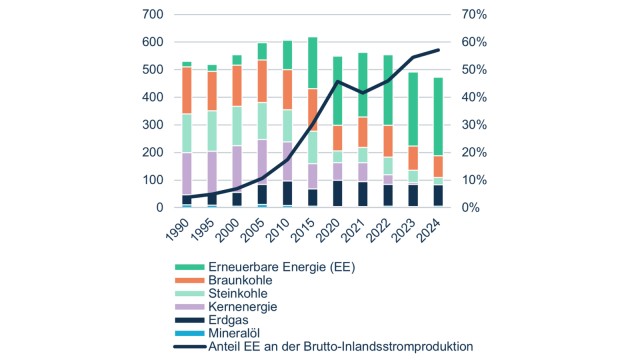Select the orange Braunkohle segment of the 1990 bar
pos(186,90)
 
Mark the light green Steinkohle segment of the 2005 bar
pos(263,120)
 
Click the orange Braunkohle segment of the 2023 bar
pos(411,158)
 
